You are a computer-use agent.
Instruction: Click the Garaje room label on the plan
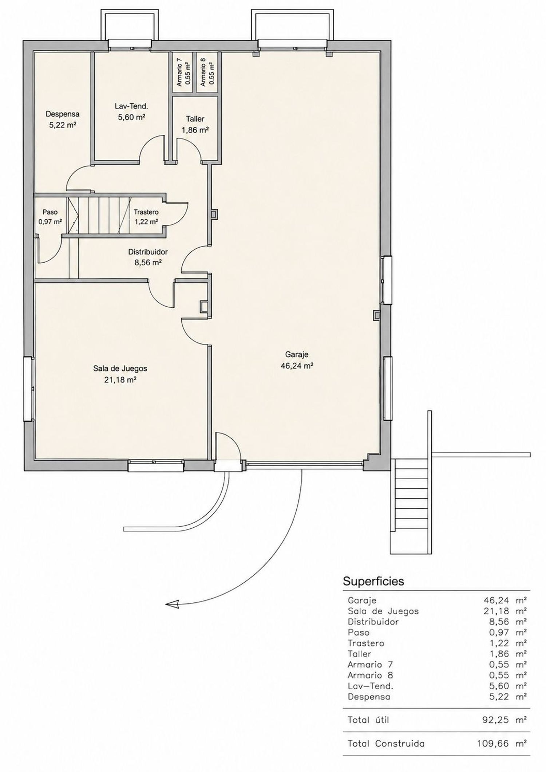[x=297, y=354]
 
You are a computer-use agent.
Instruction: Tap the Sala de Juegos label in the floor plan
[x=120, y=369]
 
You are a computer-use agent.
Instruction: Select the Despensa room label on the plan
[x=62, y=114]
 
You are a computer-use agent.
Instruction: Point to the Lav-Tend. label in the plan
[x=131, y=106]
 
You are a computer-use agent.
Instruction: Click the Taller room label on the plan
[x=195, y=119]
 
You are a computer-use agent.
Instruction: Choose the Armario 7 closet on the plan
[x=183, y=72]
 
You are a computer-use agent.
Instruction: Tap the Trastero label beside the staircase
[x=146, y=212]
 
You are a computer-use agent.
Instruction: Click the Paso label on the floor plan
[x=50, y=212]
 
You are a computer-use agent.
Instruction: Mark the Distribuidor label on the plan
[x=148, y=252]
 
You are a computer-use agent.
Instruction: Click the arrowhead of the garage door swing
[x=172, y=604]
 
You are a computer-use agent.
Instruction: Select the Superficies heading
[x=373, y=581]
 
